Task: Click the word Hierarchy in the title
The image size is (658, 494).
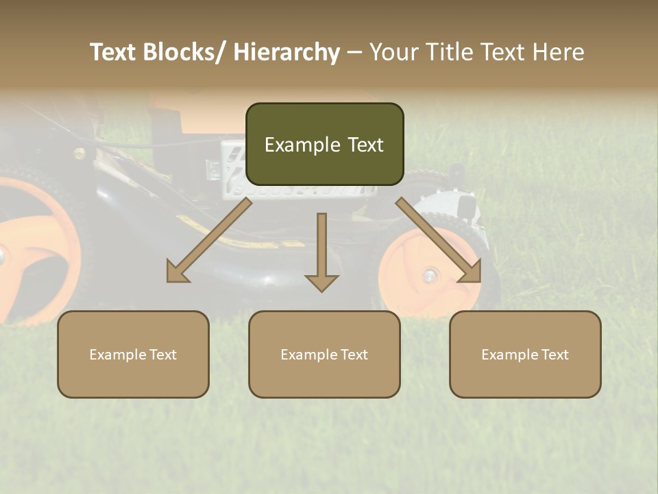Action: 287,52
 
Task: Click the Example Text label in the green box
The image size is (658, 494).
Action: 324,145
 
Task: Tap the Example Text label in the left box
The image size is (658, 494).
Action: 133,355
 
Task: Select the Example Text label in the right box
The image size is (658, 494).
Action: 525,355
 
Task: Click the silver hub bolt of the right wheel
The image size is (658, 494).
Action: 430,276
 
